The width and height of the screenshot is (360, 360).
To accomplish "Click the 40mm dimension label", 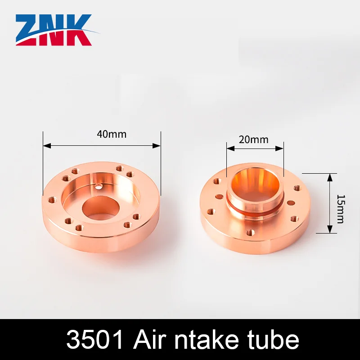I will coord(112,134).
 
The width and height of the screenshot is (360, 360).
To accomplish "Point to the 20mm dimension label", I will coord(253,139).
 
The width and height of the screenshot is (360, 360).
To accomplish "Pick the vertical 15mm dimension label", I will coord(341,203).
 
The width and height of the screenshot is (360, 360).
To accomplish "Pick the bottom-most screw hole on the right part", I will coord(251,233).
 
